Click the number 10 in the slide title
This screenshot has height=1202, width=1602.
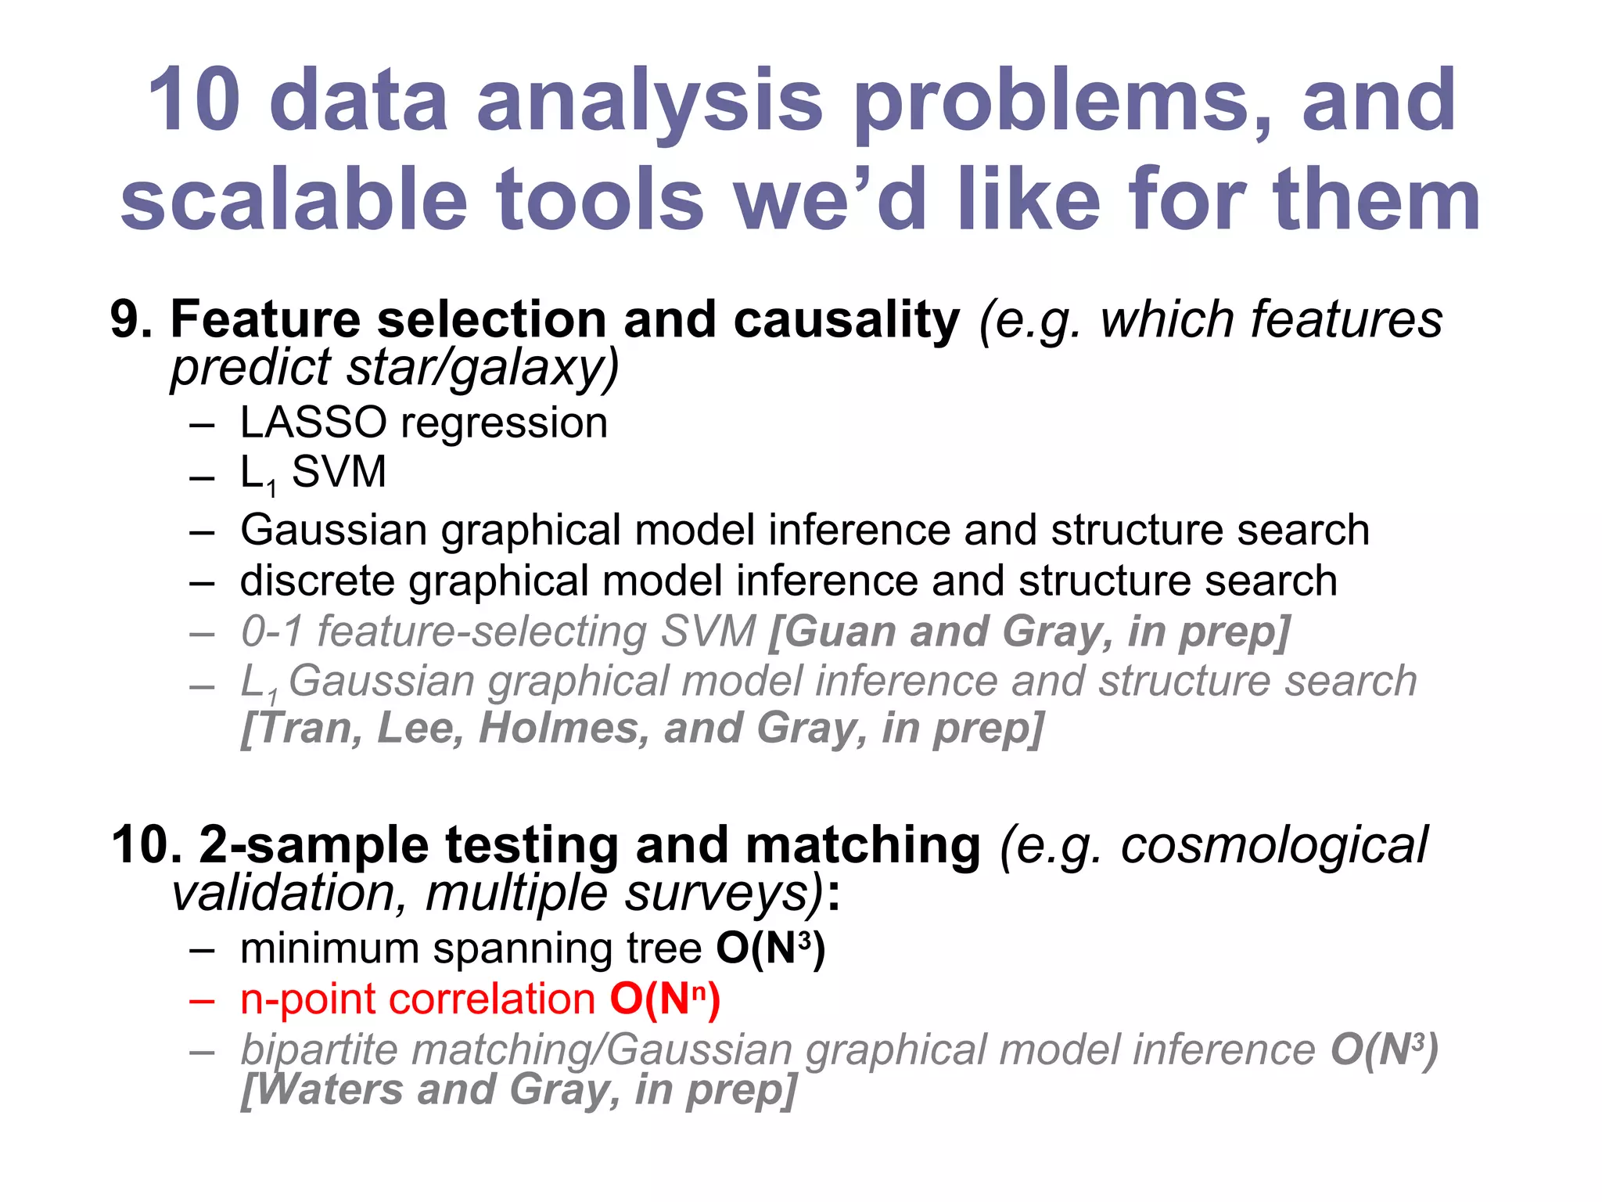(194, 100)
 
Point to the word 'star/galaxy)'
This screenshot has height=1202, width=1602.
(483, 368)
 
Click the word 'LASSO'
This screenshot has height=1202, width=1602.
(313, 423)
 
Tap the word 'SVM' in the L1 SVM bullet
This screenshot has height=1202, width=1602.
(339, 472)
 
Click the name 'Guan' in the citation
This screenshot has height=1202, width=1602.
(832, 631)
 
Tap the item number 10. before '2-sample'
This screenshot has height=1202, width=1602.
(145, 845)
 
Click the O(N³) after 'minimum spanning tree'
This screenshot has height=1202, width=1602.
(770, 948)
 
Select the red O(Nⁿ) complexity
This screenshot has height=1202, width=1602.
(665, 999)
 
